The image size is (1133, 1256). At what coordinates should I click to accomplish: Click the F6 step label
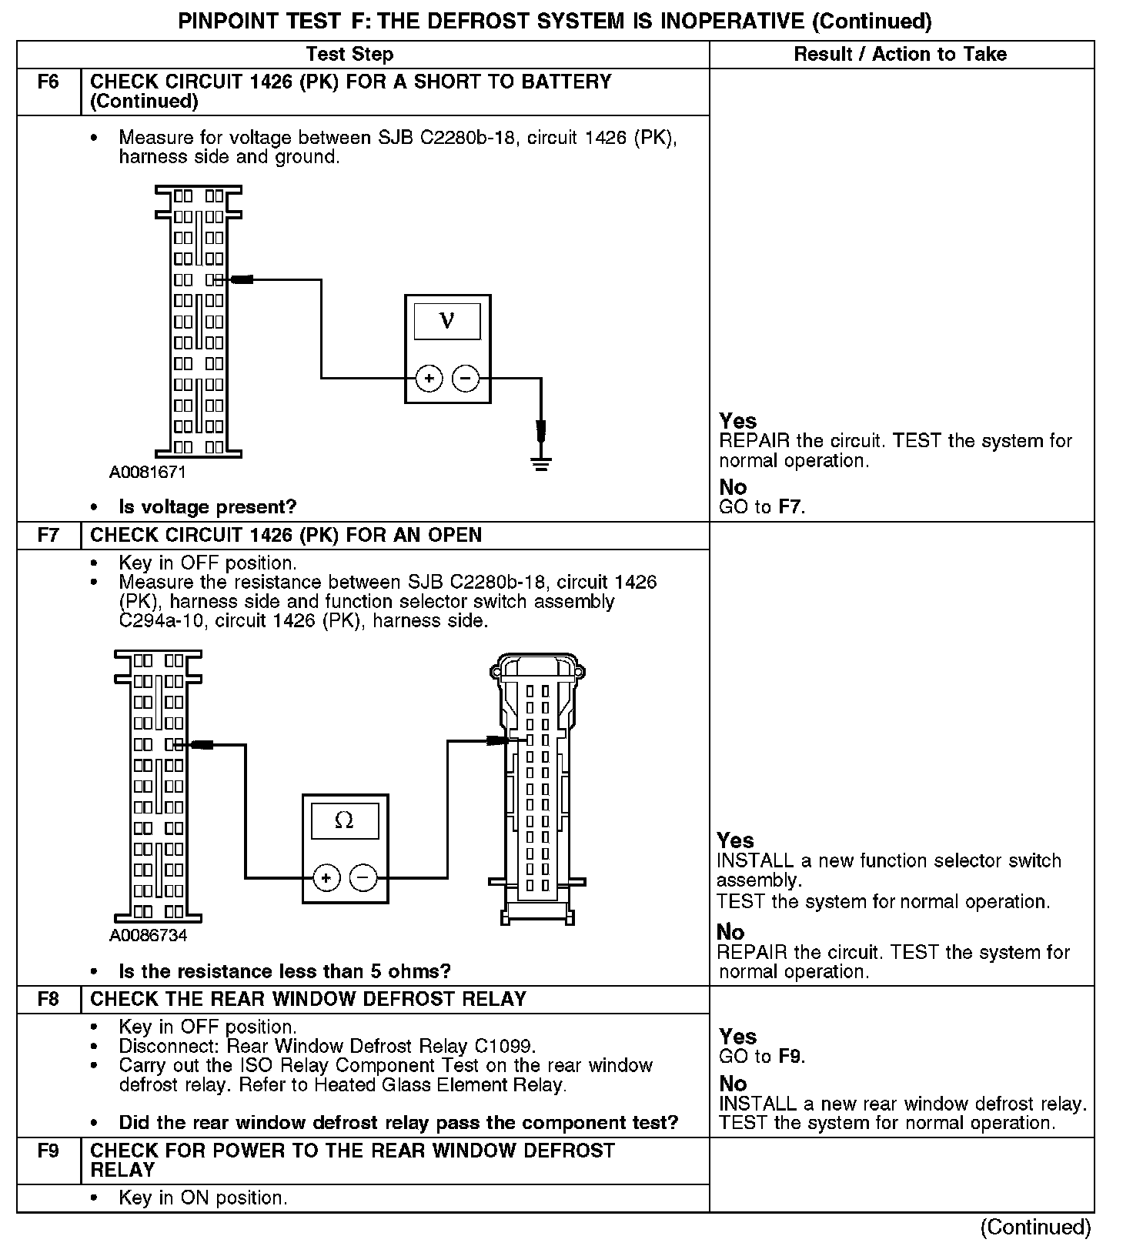tap(48, 82)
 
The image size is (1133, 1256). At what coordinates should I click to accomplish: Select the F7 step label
tap(48, 535)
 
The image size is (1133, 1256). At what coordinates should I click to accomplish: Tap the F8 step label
tap(48, 999)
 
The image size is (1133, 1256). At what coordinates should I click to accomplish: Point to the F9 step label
tap(48, 1151)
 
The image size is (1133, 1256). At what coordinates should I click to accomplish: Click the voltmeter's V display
tap(447, 321)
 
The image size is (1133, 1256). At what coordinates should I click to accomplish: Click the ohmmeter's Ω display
tap(344, 820)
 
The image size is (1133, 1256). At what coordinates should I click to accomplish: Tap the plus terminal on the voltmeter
tap(429, 379)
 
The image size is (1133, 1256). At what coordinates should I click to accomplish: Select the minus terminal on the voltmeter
tap(466, 379)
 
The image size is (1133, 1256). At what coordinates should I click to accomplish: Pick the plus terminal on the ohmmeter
tap(326, 878)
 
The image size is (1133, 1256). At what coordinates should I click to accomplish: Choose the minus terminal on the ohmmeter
tap(363, 878)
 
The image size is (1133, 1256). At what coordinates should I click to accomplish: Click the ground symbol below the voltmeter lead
tap(541, 463)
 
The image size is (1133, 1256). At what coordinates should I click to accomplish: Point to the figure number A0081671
tap(148, 472)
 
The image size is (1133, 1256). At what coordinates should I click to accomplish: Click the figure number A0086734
tap(148, 936)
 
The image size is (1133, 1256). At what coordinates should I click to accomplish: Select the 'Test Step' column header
tap(349, 54)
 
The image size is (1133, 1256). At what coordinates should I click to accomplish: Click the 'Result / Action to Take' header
tap(900, 54)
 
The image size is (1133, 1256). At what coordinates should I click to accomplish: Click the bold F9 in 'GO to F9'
tap(790, 1057)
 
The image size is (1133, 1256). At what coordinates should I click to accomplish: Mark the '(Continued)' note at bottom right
tap(1035, 1227)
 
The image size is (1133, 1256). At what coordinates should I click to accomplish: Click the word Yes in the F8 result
tap(737, 1037)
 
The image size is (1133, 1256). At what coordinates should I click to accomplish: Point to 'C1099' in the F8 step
tap(503, 1047)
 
